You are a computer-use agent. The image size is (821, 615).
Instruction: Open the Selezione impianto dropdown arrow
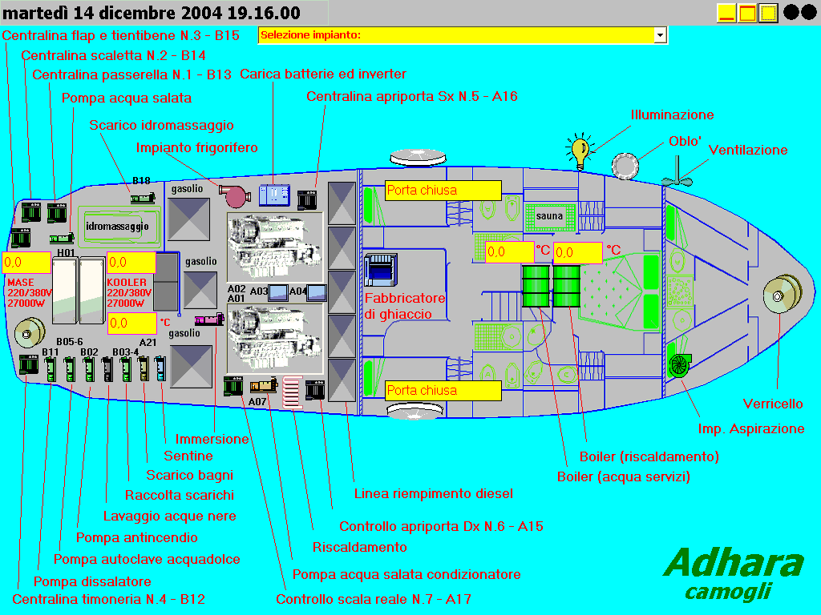660,35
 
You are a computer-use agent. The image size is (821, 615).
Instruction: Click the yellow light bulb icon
580,151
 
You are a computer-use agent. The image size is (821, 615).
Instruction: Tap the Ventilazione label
748,150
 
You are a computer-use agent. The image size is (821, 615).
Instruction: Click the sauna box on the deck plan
550,216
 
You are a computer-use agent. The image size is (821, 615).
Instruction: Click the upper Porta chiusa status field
443,191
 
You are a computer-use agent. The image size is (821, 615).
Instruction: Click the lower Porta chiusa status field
443,391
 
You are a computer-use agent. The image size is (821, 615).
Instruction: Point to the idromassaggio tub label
117,227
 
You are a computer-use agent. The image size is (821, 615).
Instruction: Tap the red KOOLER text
127,283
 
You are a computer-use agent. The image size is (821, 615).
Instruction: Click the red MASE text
21,283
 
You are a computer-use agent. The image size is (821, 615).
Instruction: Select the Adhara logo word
734,564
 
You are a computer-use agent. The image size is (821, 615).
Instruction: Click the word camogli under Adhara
728,592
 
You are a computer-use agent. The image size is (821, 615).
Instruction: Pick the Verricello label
773,404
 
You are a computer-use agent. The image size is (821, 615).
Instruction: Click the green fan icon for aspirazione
679,364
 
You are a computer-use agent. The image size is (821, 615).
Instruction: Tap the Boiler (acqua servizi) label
623,476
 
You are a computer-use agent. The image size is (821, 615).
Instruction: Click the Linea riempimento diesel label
433,493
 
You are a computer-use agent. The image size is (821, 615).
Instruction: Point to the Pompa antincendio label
136,537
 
